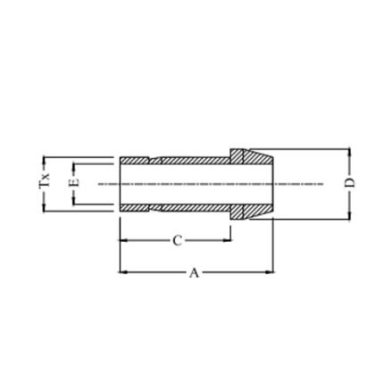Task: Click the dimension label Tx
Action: (45, 180)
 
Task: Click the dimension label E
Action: (74, 182)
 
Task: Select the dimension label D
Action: (350, 182)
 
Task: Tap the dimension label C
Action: (178, 240)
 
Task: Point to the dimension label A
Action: (194, 272)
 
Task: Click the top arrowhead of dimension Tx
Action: (44, 160)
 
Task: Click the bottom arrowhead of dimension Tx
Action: (44, 208)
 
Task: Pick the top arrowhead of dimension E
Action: (74, 166)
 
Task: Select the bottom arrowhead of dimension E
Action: (74, 202)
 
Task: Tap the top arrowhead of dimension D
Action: (349, 152)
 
